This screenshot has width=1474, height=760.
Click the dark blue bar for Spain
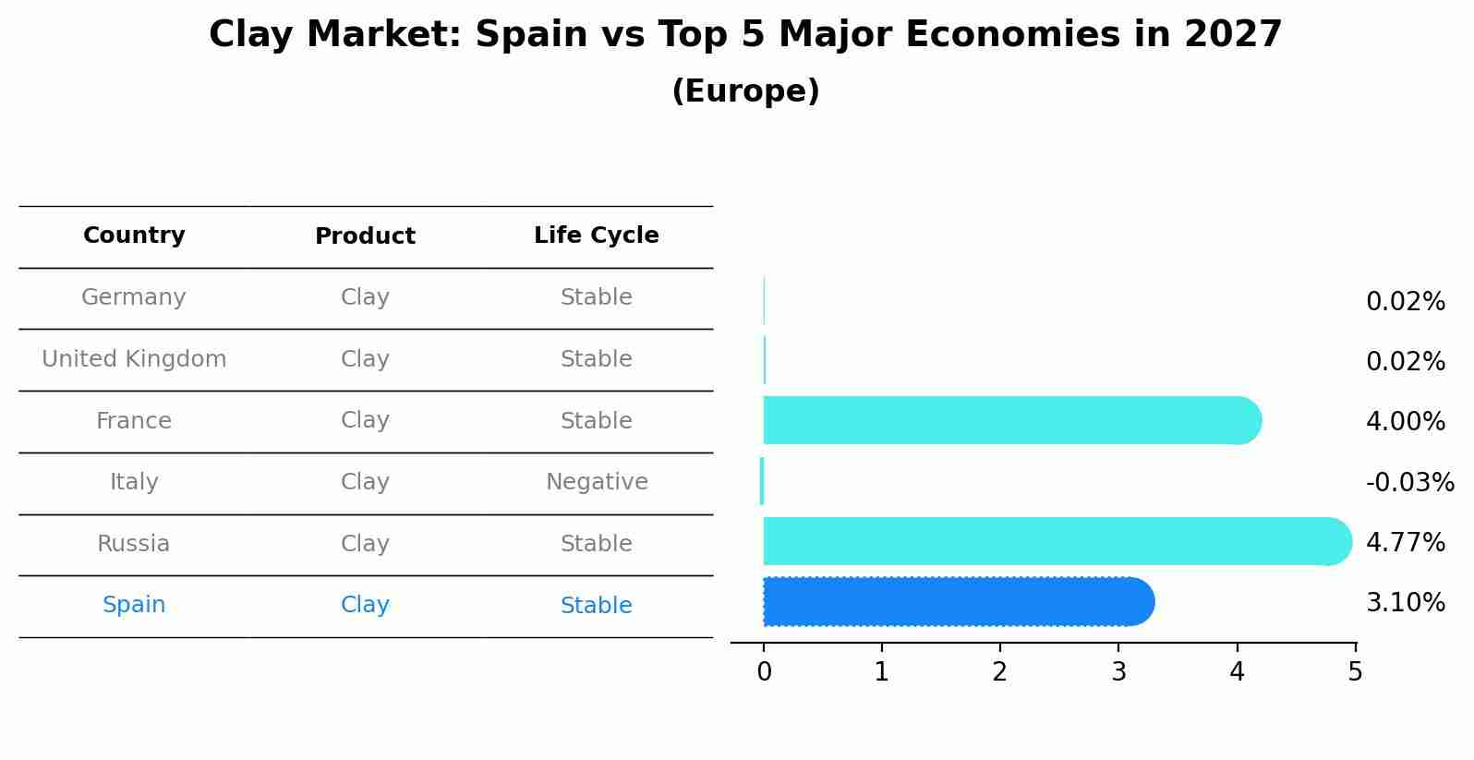[x=956, y=602]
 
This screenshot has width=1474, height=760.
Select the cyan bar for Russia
[x=1053, y=541]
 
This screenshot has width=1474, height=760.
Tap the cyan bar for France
[x=1007, y=420]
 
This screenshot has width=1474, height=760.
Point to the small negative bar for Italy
[x=762, y=481]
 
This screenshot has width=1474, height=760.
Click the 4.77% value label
[x=1405, y=542]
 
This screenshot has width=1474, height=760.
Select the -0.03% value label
[x=1409, y=482]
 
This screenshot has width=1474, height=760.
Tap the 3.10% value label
[x=1405, y=603]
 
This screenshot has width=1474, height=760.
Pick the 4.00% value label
[x=1405, y=422]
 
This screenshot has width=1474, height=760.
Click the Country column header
[x=134, y=235]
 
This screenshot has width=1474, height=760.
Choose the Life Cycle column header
[x=596, y=235]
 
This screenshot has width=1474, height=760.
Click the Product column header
[x=365, y=236]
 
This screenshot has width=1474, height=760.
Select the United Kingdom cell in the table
[x=134, y=359]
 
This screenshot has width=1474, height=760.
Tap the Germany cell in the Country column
[x=134, y=297]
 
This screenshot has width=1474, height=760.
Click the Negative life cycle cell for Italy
[x=597, y=482]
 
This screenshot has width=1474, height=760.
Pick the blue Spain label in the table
[x=134, y=605]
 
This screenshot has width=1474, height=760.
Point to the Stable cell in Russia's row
[x=596, y=544]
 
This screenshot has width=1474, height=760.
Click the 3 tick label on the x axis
[x=1118, y=672]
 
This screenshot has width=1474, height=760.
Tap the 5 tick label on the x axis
[x=1355, y=672]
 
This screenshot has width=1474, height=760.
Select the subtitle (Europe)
[x=745, y=91]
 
